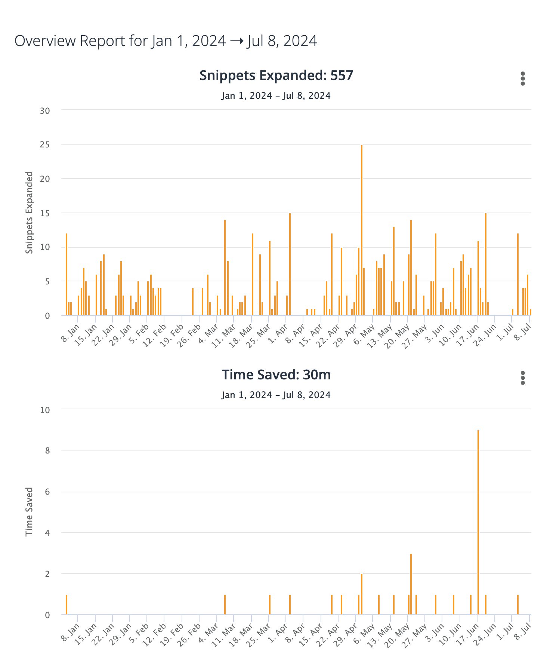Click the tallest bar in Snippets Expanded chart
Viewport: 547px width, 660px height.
(x=361, y=230)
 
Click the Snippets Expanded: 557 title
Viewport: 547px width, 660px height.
(x=276, y=75)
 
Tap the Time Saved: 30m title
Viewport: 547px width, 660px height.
(x=276, y=375)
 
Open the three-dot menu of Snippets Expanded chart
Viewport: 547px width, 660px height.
(x=522, y=79)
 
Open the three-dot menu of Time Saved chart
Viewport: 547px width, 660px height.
(x=522, y=378)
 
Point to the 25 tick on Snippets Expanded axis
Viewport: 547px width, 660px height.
(x=45, y=145)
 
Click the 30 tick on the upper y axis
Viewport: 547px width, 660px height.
(x=45, y=111)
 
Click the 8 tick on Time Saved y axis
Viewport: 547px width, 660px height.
(x=47, y=451)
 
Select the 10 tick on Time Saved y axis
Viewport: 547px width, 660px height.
(x=45, y=410)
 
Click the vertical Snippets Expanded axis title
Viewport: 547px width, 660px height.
(x=29, y=213)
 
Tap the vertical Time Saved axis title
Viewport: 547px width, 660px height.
(x=29, y=511)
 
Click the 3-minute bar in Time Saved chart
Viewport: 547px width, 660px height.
(x=411, y=584)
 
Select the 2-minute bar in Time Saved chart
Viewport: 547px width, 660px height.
(x=361, y=594)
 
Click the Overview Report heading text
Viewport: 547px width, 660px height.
(x=166, y=41)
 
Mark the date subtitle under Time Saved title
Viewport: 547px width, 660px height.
(x=276, y=395)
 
